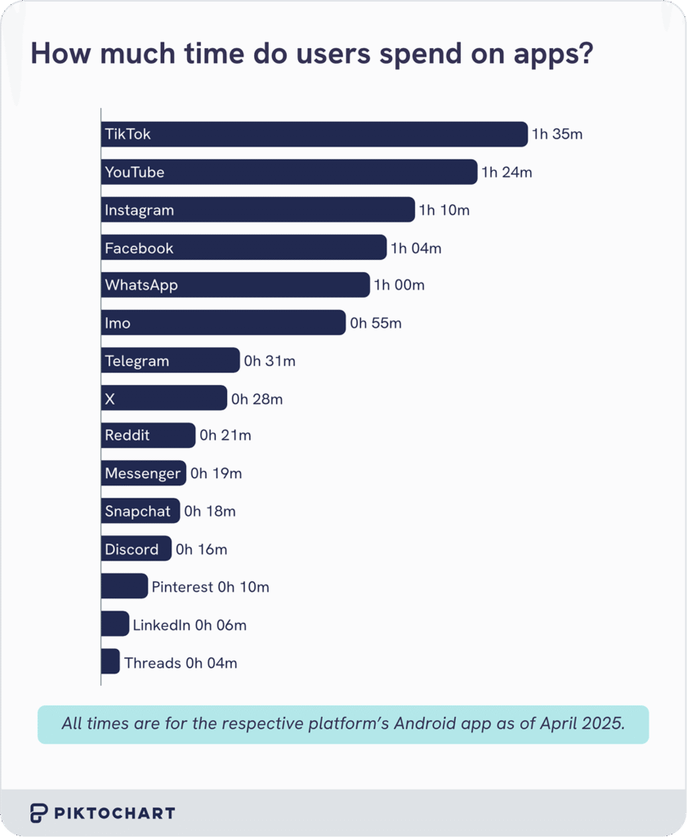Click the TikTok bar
[x=315, y=134]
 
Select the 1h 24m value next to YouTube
[x=506, y=172]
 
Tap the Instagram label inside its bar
[x=139, y=210]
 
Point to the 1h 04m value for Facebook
[x=416, y=248]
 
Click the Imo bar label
[x=118, y=323]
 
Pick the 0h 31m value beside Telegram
[x=270, y=361]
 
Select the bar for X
[x=163, y=399]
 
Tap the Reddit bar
[x=148, y=436]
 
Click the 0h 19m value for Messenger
[x=216, y=473]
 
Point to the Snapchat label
[x=137, y=512]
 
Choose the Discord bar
[x=136, y=549]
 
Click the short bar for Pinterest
[x=124, y=587]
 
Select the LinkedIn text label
[x=161, y=625]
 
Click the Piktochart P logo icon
[x=39, y=812]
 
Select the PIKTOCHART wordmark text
[x=114, y=813]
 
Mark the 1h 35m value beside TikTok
[x=557, y=134]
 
